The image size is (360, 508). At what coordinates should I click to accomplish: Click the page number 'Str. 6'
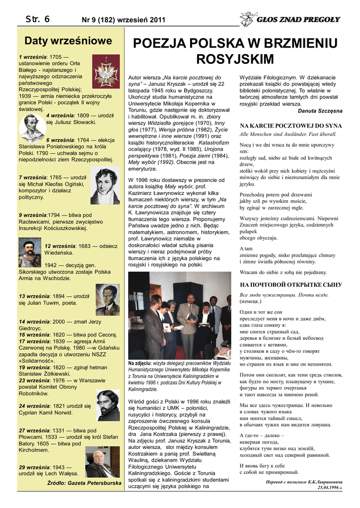coord(37,19)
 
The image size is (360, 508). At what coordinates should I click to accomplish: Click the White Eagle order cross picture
coord(106,71)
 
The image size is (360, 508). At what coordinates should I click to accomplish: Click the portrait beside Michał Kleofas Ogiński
coord(105,186)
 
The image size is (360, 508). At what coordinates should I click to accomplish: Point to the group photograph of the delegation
coord(179,316)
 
